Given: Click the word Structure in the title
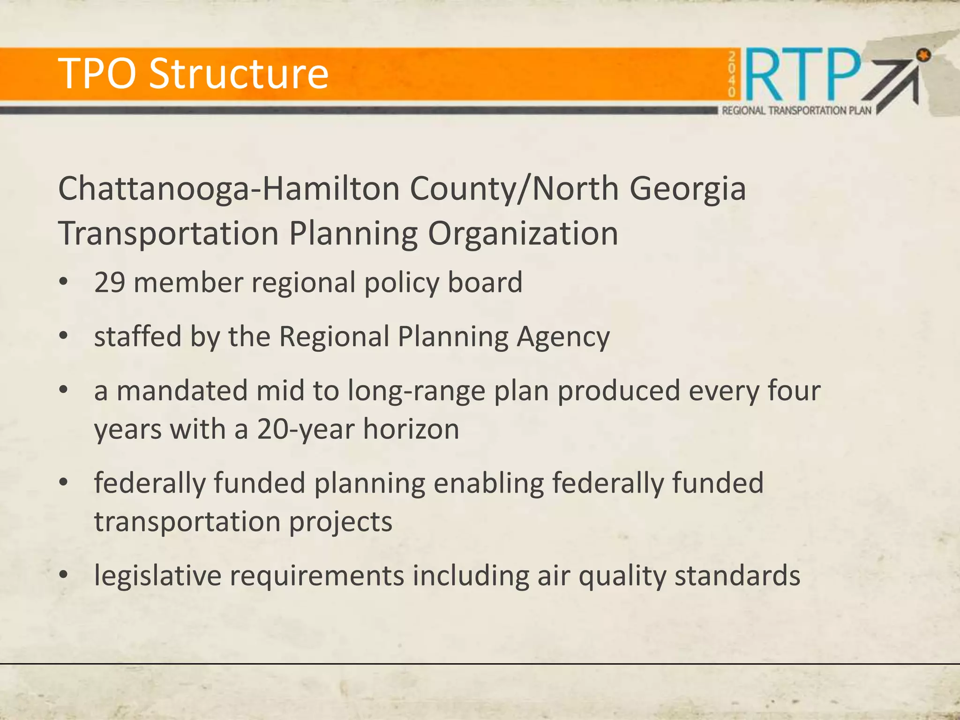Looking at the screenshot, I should point(239,74).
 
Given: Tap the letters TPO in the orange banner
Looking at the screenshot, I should point(99,74).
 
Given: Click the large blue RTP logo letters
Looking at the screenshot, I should point(802,75).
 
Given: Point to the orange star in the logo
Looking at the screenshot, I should point(923,56).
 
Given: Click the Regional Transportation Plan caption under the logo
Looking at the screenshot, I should point(796,111).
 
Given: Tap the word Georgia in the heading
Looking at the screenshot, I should point(687,189).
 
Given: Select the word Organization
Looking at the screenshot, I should point(523,233).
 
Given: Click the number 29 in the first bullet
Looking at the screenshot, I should point(110,283).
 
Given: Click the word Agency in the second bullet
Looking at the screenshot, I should point(563,337).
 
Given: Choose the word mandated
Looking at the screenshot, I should point(182,390).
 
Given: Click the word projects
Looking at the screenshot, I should point(340,522).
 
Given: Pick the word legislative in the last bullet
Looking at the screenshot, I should point(157,576).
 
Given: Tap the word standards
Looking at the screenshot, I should point(737,576).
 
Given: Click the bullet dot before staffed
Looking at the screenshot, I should point(64,336).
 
